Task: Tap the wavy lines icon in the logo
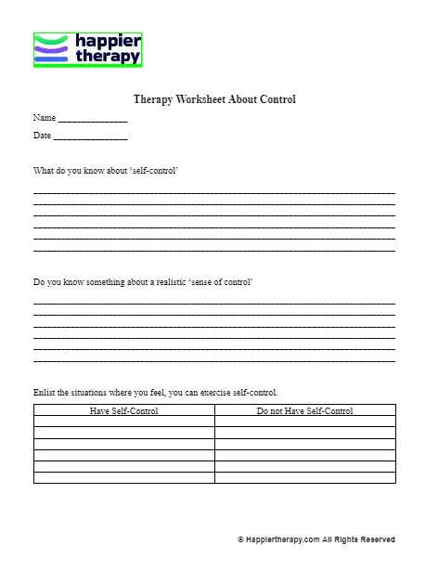[51, 50]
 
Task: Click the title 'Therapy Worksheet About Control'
[214, 99]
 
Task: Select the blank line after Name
[93, 121]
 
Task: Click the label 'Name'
[44, 118]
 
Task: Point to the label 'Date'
[42, 136]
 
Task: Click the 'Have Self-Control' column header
[123, 410]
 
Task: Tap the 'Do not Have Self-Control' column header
[304, 410]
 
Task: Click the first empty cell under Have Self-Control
[123, 422]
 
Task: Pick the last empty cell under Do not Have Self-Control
[304, 477]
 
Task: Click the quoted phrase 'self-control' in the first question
[150, 171]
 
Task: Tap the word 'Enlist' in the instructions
[45, 392]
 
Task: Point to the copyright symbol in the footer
[240, 539]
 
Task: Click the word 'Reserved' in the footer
[377, 539]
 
